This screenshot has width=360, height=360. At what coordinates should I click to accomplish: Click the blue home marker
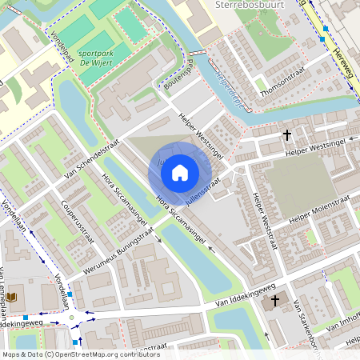180,172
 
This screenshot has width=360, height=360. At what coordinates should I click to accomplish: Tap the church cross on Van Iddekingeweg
276,301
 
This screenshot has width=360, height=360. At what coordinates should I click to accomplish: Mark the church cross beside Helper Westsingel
287,135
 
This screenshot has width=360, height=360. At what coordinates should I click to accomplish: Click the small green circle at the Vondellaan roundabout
72,318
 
